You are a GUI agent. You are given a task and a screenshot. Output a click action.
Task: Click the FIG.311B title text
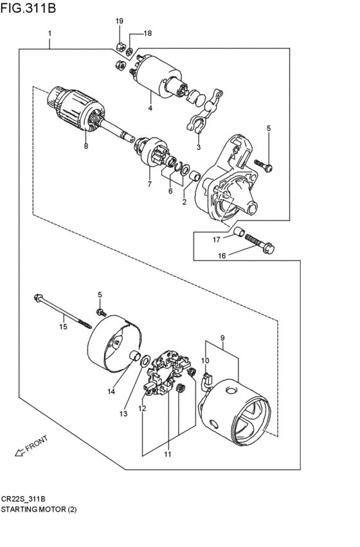[x=28, y=7]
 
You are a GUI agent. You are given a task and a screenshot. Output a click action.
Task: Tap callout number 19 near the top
[x=120, y=21]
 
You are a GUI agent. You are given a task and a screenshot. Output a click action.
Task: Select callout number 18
[x=148, y=33]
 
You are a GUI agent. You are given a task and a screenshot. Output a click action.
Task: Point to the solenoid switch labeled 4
[x=158, y=76]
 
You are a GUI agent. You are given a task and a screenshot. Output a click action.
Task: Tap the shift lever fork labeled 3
[x=205, y=111]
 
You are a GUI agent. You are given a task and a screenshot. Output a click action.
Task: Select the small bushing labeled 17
[x=239, y=231]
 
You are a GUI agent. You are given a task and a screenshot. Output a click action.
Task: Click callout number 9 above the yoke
[x=222, y=337]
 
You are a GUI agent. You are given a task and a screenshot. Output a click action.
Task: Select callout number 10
[x=205, y=361]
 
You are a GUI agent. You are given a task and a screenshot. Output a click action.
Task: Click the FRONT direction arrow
[x=20, y=452]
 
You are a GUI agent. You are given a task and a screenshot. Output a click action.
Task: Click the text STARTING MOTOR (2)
[x=39, y=510]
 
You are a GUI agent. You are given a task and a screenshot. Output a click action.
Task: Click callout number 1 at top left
[x=50, y=33]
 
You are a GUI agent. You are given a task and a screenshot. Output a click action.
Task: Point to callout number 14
[x=111, y=391]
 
